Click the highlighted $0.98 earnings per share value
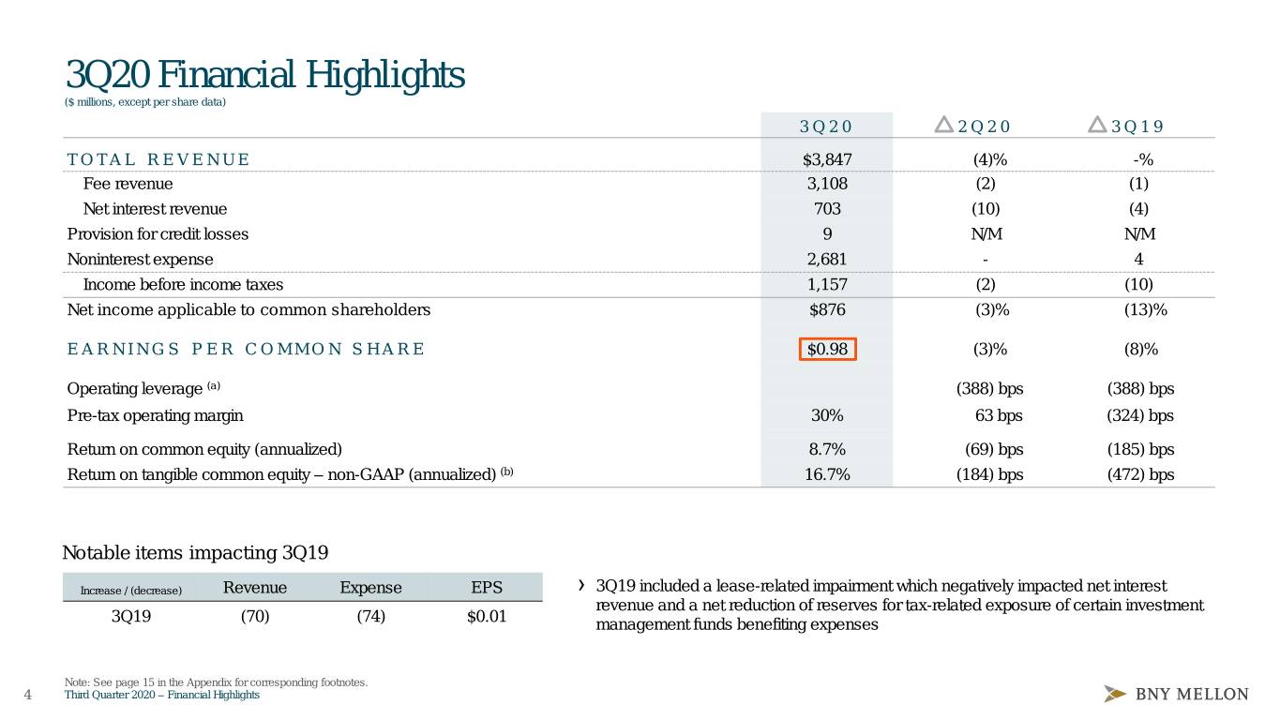point(827,349)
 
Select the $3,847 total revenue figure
point(827,159)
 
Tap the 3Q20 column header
point(826,127)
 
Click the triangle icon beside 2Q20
point(944,125)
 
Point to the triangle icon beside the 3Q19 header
point(1097,125)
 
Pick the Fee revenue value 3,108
point(827,184)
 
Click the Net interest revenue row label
point(155,209)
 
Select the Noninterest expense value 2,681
point(827,260)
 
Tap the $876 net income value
point(827,309)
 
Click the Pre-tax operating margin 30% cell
point(827,415)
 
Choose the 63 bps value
point(999,415)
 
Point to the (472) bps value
point(1140,474)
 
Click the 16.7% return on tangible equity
point(827,474)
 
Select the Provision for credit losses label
point(158,234)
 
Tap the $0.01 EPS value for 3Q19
point(487,617)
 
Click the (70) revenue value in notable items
point(255,617)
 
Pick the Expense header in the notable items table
point(370,588)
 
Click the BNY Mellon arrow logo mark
point(1115,694)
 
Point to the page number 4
point(28,695)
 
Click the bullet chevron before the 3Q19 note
point(581,585)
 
